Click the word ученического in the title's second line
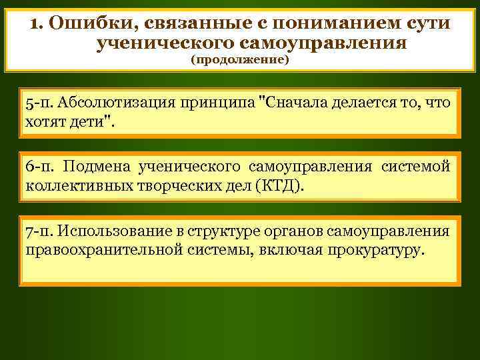point(166,44)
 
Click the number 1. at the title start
point(37,24)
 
